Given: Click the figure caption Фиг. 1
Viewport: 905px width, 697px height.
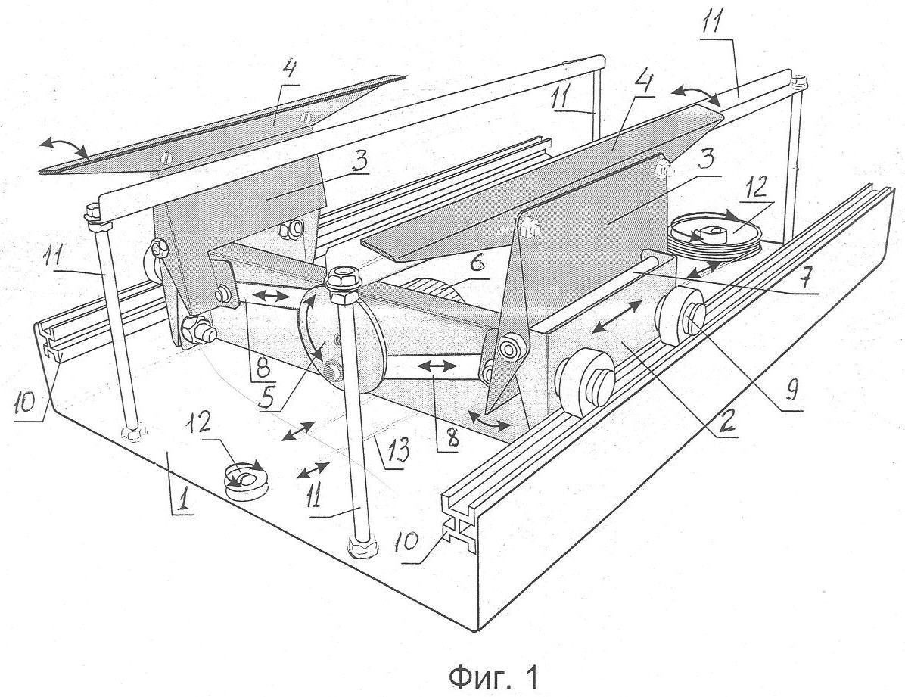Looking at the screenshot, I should pos(492,676).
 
